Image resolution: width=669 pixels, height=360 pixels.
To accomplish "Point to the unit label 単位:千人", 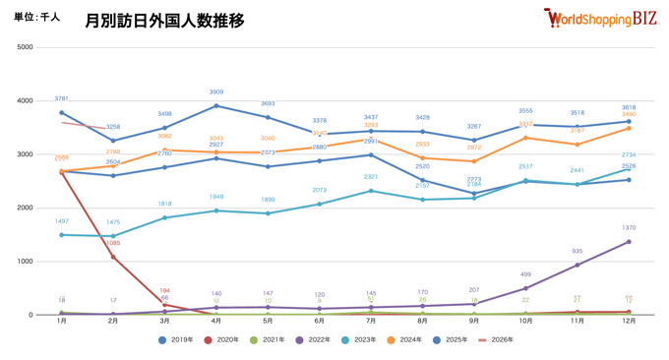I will (37, 18).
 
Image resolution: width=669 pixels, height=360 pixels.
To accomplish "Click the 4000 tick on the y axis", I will (25, 100).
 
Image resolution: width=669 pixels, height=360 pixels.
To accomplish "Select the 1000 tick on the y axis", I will (25, 262).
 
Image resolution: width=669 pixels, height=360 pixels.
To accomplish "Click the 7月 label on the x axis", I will (370, 322).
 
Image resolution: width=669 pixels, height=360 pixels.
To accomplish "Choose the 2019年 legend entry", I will (178, 340).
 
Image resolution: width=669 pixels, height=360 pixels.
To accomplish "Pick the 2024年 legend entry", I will (407, 340).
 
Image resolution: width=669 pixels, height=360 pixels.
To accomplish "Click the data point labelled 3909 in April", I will (216, 106).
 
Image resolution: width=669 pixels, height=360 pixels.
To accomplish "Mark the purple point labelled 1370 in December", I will (629, 242).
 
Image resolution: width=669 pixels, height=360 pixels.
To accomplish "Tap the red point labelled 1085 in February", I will (113, 258).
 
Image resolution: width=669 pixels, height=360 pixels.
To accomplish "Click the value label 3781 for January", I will (61, 99).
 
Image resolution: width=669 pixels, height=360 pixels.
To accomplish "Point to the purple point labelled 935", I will (578, 266).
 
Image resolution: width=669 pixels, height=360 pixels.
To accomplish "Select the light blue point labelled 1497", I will (61, 235).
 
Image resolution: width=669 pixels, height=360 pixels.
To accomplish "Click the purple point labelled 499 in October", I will (525, 288).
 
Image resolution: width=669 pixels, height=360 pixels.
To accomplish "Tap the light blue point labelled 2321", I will (371, 191).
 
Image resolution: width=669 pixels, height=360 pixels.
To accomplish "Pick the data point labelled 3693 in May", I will (268, 117).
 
